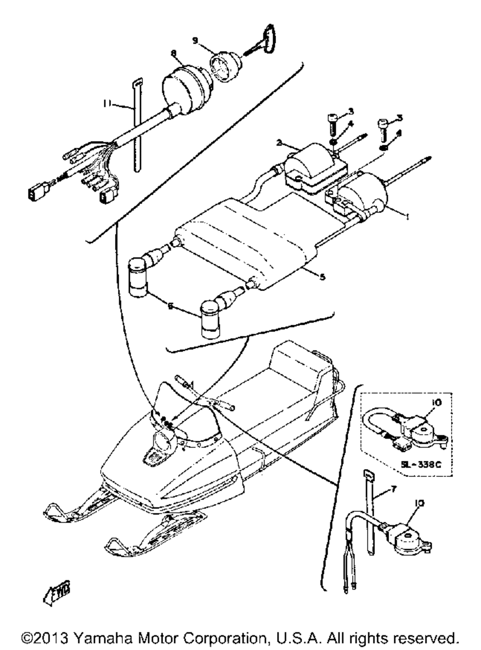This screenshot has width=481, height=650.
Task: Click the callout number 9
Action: pos(195,40)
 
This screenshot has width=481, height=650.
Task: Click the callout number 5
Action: pos(322,277)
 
